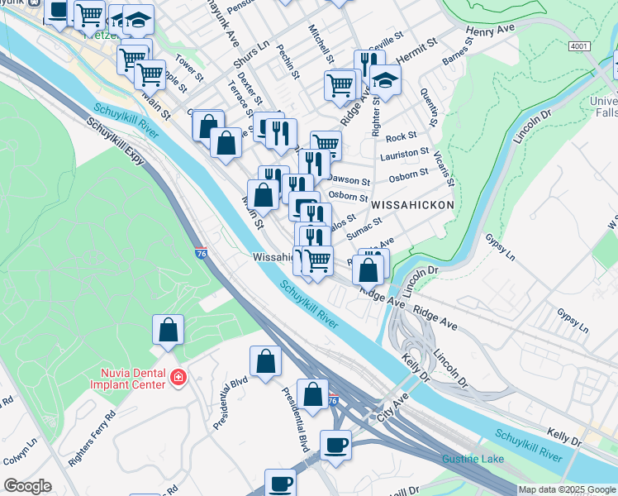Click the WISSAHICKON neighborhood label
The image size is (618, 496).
(412, 204)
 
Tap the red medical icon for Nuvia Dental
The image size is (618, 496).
(177, 378)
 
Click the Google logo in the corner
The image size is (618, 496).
(27, 486)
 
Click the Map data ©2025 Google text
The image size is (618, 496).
(567, 489)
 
